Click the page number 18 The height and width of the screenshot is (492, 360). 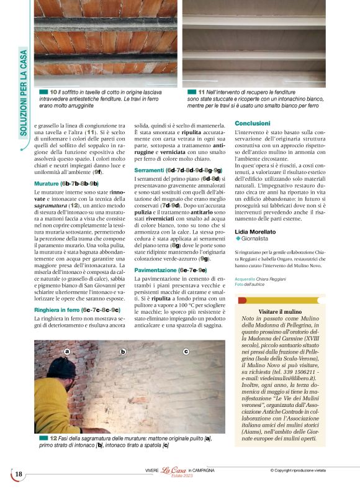click(x=19, y=475)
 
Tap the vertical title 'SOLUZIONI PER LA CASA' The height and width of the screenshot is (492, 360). click(x=24, y=93)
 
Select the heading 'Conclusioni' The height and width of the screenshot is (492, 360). click(x=253, y=124)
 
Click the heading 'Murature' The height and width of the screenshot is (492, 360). click(x=47, y=184)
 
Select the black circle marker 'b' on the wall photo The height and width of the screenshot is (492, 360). click(x=123, y=352)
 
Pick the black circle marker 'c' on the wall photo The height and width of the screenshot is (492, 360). click(x=186, y=352)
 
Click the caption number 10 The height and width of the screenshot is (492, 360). click(x=54, y=92)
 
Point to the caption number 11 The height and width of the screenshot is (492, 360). click(x=201, y=92)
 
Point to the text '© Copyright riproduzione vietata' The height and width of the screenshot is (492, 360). click(x=304, y=470)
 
